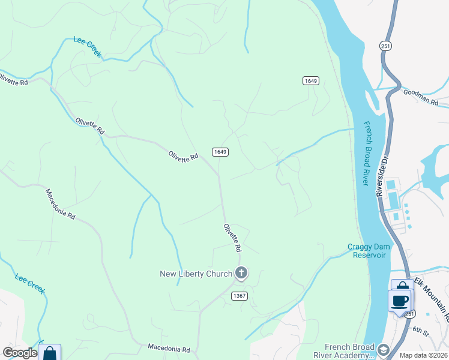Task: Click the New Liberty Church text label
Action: pos(196,274)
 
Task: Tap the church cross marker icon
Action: pos(241,274)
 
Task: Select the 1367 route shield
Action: pos(240,296)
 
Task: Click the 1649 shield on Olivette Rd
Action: pos(220,152)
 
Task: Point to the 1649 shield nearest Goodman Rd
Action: pos(310,81)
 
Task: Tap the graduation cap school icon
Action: pos(382,349)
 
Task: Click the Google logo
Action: pos(19,352)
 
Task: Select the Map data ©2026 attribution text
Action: pos(423,355)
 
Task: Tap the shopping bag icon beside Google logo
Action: pos(50,353)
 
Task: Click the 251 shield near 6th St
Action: pos(409,314)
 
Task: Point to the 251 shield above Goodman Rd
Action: pos(386,46)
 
